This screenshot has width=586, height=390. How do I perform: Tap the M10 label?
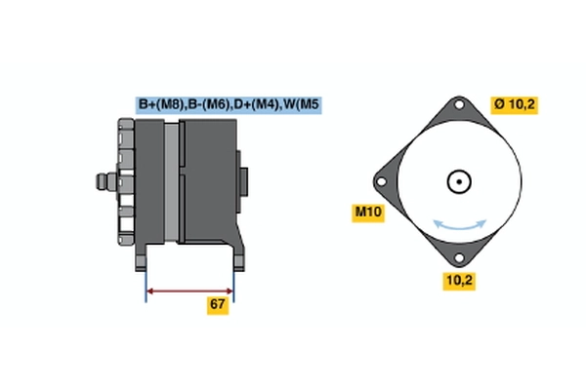pos(367,212)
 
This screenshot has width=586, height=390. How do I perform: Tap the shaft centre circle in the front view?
pos(459,182)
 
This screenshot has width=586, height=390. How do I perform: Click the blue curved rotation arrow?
pos(459,225)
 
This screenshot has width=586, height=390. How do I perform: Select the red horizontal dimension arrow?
pos(189,290)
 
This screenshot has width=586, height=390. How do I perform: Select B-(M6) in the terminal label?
pos(209,104)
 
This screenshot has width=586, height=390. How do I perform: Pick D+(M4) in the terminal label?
pos(258,104)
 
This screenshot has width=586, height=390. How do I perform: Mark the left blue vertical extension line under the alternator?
pos(146,283)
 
